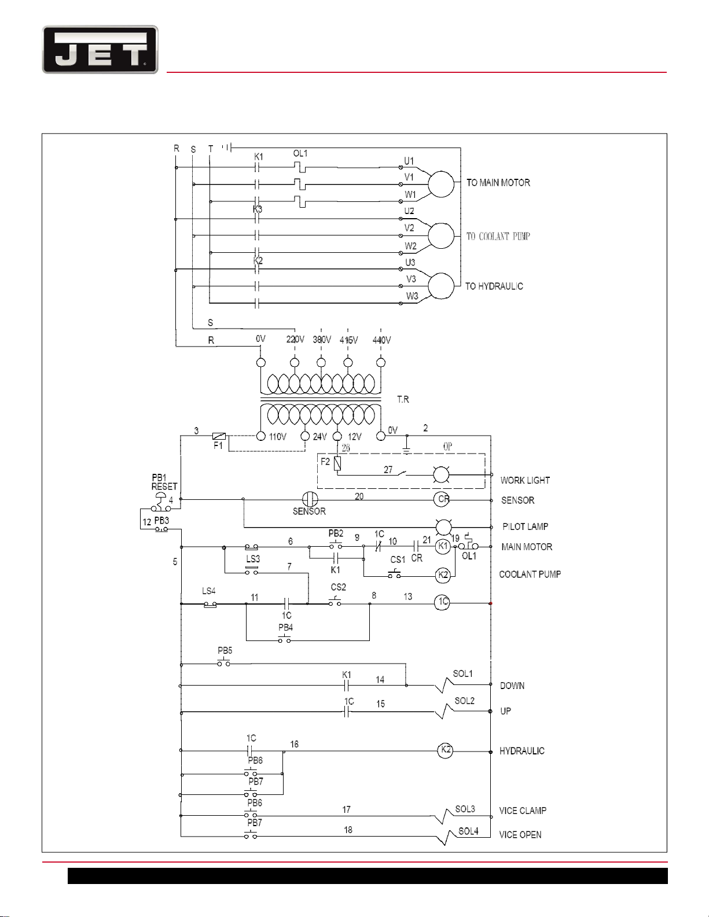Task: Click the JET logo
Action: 100,49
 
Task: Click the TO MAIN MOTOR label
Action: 498,183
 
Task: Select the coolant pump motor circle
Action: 441,235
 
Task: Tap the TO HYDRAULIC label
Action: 494,286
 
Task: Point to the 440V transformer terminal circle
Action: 381,363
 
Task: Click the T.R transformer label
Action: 403,399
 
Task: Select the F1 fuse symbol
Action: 219,436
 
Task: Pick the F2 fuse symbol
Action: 337,464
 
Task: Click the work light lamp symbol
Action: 441,475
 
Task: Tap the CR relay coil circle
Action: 442,500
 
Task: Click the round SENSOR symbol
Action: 310,499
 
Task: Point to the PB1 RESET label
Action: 164,482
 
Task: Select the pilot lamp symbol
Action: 443,527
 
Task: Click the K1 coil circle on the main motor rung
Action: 443,546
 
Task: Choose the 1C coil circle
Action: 442,602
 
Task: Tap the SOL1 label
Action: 462,673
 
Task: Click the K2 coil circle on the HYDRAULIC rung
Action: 445,750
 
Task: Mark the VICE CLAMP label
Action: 523,810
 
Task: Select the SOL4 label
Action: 468,831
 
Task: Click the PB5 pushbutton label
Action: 225,650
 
